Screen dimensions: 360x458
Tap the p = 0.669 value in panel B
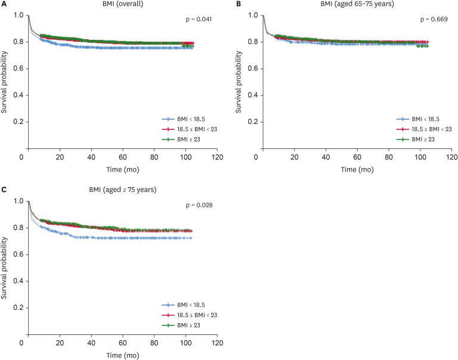click(432, 20)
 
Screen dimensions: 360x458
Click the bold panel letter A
click(5, 4)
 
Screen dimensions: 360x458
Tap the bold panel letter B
click(239, 4)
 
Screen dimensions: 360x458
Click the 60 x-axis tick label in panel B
click(358, 157)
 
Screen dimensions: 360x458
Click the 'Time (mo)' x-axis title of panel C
click(120, 355)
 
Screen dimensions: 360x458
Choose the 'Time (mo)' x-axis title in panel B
click(357, 169)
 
